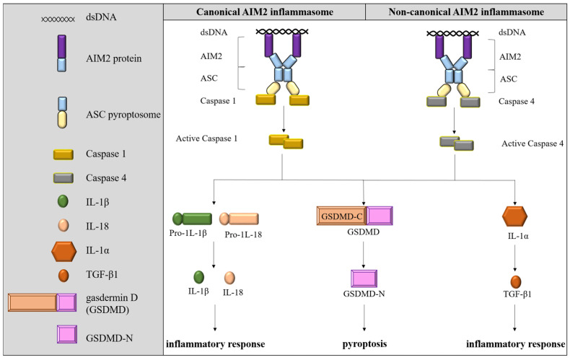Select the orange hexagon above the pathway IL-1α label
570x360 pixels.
[x=515, y=215]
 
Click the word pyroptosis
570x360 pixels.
[x=364, y=341]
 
